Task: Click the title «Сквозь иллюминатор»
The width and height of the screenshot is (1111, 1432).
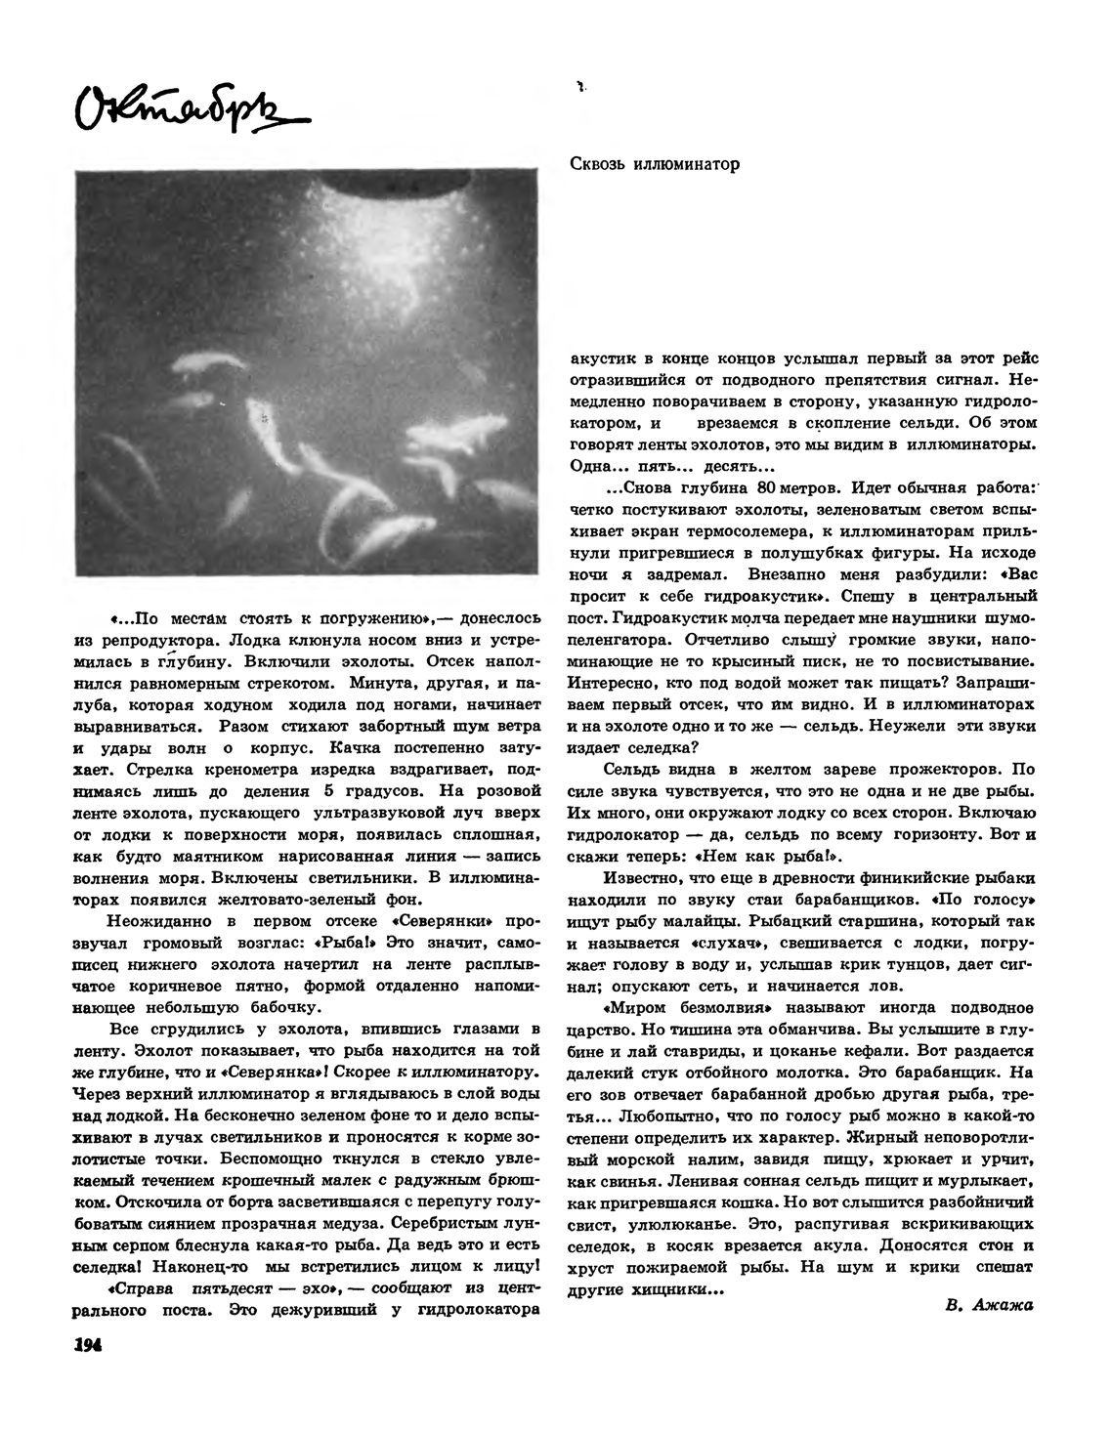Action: click(x=654, y=164)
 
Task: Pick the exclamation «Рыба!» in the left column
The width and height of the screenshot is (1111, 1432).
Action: click(x=357, y=943)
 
